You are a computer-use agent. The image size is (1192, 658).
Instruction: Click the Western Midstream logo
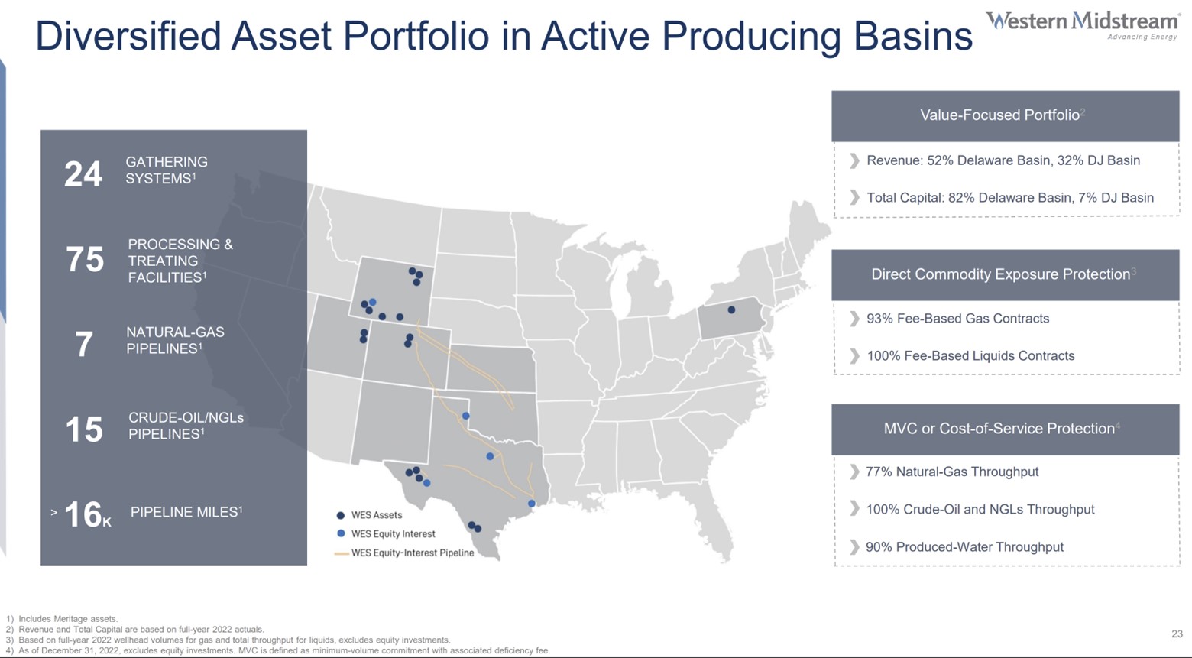coord(1082,24)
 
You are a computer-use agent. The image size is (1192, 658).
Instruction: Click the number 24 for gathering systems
coord(83,174)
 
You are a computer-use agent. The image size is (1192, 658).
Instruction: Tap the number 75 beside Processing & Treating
coord(85,260)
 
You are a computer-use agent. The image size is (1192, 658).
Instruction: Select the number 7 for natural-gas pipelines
coord(84,345)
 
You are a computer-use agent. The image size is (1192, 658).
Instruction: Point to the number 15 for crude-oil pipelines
coord(84,429)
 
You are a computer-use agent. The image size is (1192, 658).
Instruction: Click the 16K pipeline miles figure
coord(86,515)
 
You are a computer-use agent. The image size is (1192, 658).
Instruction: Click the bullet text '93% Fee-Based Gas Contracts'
coord(957,319)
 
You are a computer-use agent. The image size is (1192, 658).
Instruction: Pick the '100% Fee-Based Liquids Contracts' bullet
coord(970,356)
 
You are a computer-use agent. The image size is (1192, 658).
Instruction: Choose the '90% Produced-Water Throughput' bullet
coord(964,547)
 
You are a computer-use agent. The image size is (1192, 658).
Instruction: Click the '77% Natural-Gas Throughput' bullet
coord(951,472)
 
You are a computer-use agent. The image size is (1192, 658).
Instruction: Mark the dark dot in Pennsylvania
coord(731,310)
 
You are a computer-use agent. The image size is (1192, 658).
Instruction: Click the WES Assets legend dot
coord(341,515)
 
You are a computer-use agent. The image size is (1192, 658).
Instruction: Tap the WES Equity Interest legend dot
coord(341,533)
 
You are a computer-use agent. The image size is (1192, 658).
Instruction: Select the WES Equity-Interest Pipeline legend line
coord(342,553)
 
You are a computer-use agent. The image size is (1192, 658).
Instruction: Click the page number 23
coord(1177,634)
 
